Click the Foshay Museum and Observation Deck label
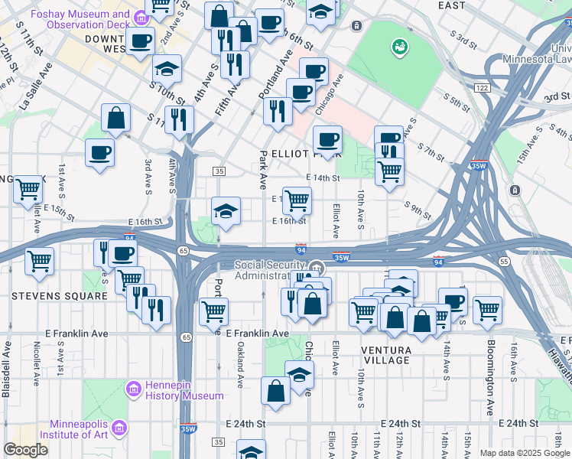(x=79, y=20)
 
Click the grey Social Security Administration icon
(x=317, y=269)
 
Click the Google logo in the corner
(x=25, y=449)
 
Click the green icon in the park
(x=398, y=48)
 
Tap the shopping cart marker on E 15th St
(x=297, y=200)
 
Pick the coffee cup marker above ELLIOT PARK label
(x=327, y=139)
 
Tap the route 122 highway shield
(x=481, y=89)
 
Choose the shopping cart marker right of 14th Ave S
(x=487, y=309)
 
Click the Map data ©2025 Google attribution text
(x=525, y=453)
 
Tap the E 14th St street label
(x=323, y=177)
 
